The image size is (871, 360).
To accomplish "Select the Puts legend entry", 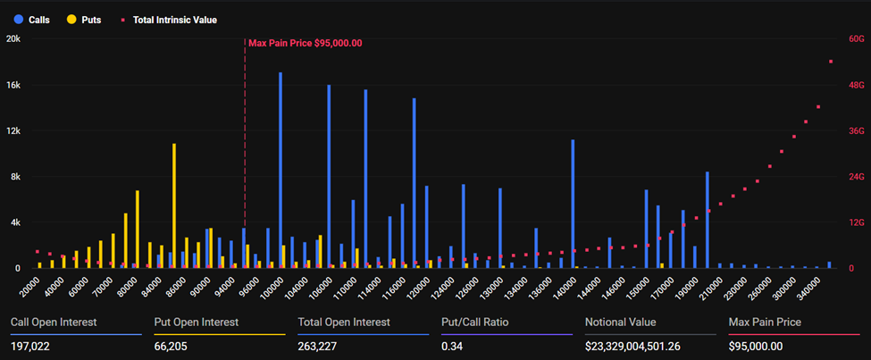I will click(82, 19).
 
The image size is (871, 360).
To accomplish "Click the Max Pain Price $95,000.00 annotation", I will click(305, 43).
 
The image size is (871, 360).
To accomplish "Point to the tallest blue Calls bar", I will click(281, 170).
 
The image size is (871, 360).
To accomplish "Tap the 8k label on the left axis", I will click(15, 177).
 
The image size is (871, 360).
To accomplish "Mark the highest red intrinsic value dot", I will click(831, 62).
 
